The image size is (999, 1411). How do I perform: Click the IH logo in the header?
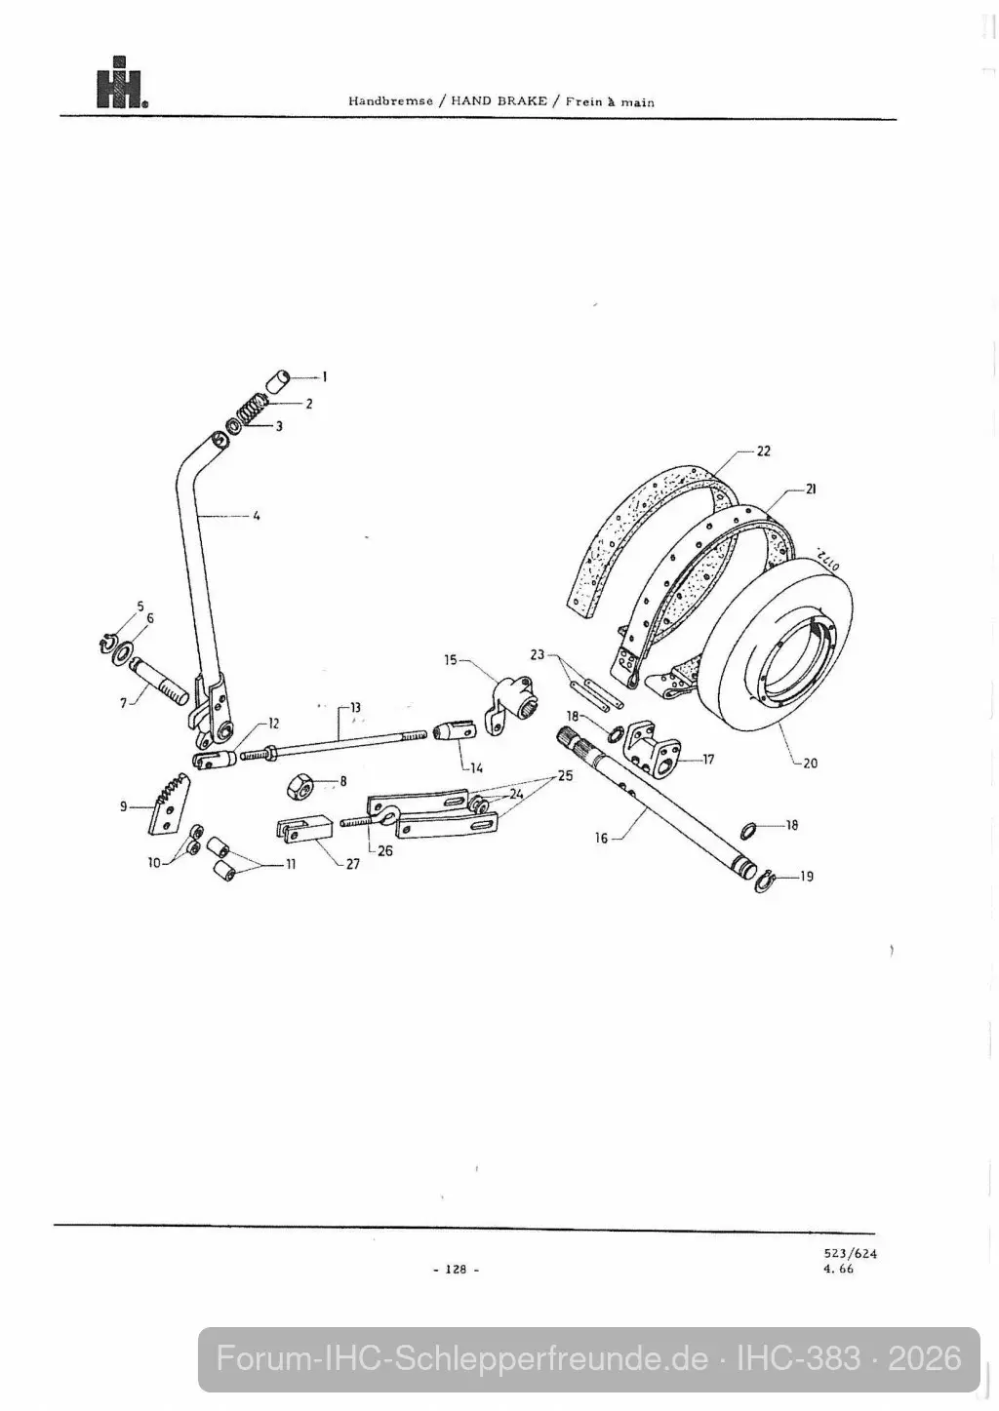[x=122, y=83]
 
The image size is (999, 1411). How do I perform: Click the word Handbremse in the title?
[x=391, y=101]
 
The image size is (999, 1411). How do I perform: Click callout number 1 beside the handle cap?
[x=325, y=377]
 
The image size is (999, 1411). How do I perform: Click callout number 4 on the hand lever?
[x=256, y=516]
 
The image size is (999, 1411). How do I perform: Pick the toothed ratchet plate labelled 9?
[x=168, y=804]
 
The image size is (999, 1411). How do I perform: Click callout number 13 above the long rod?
[x=355, y=707]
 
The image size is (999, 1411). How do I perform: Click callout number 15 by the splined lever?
[x=450, y=660]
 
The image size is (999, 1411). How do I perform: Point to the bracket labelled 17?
[x=652, y=745]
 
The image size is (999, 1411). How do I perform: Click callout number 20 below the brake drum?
[x=810, y=763]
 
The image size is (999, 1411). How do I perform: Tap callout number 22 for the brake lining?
[x=763, y=451]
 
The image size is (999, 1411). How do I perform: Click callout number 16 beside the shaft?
[x=601, y=838]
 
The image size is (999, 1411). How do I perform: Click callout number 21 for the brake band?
[x=811, y=489]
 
